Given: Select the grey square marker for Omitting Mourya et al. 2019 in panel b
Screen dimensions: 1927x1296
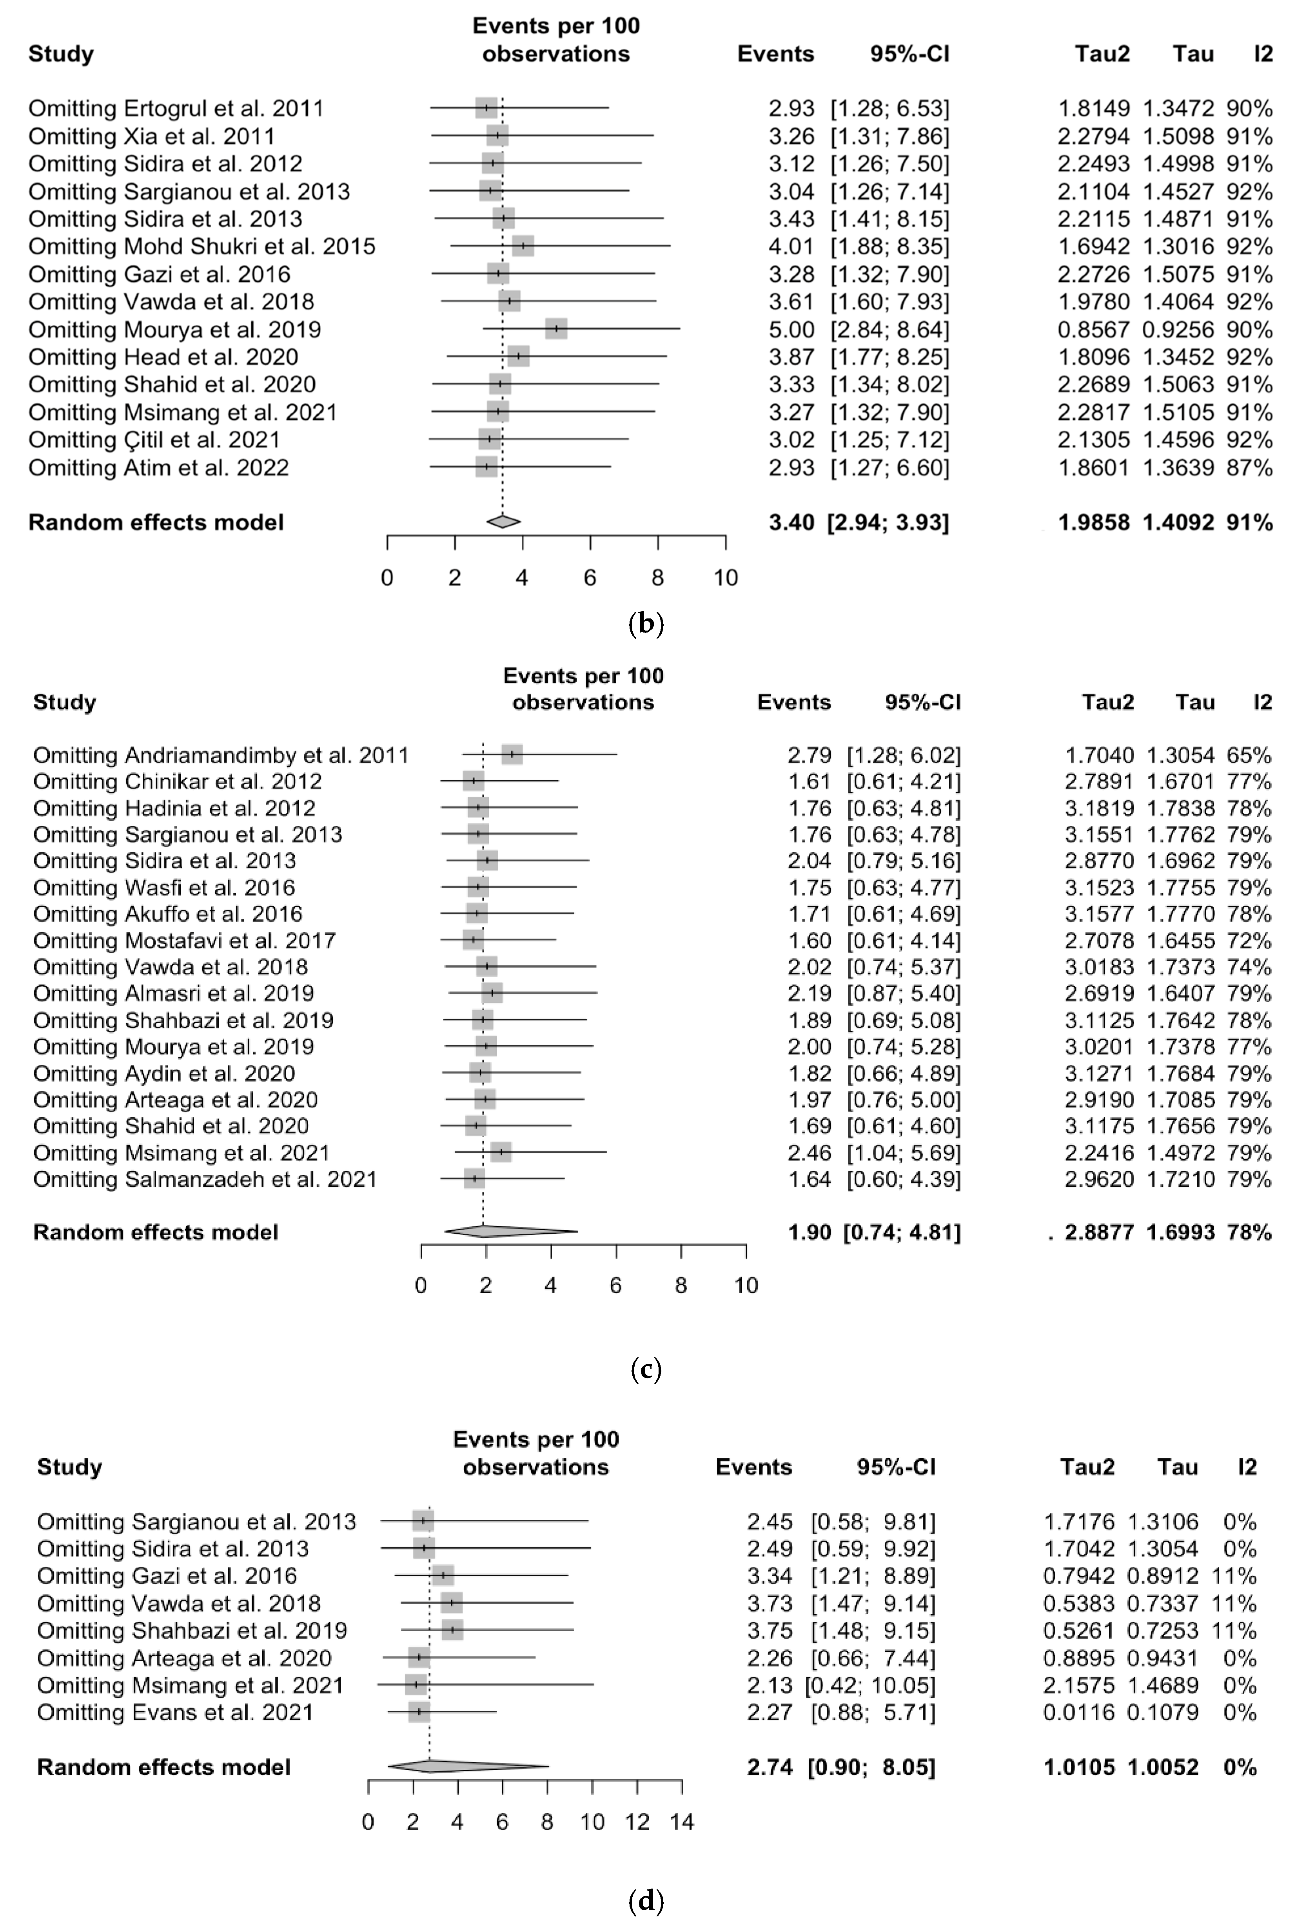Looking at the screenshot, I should (x=556, y=329).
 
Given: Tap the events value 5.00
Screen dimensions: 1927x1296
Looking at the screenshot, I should (x=791, y=329).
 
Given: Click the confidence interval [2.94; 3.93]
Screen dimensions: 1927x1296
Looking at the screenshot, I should (x=888, y=522).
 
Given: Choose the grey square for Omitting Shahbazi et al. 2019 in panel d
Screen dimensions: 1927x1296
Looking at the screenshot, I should (x=452, y=1630).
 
